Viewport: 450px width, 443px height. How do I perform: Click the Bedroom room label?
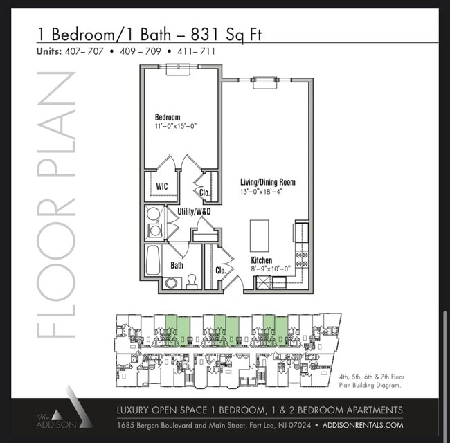tap(168, 117)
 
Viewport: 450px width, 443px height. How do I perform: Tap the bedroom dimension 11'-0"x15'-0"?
tap(176, 126)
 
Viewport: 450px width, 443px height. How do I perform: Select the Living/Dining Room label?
tap(268, 182)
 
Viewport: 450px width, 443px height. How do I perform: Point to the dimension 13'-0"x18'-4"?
tap(262, 191)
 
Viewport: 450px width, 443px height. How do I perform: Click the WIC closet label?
tap(162, 186)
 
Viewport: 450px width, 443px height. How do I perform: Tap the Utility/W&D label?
tap(194, 211)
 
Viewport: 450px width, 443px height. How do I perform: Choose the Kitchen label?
tap(262, 260)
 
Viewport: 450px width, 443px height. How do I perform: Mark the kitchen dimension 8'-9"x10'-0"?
tap(271, 269)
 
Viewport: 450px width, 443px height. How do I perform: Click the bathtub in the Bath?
tap(152, 260)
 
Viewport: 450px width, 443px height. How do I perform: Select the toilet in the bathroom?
tap(192, 282)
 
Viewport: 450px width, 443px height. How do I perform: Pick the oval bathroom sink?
tap(171, 283)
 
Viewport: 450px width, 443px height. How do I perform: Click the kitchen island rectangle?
tap(259, 236)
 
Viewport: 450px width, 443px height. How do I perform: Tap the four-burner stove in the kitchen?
tap(302, 259)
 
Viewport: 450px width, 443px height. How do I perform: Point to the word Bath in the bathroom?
tap(177, 265)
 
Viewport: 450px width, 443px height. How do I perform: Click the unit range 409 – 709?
tap(141, 51)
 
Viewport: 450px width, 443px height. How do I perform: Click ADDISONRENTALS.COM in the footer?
tap(363, 425)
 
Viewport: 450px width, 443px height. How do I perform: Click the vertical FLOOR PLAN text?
tap(56, 204)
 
